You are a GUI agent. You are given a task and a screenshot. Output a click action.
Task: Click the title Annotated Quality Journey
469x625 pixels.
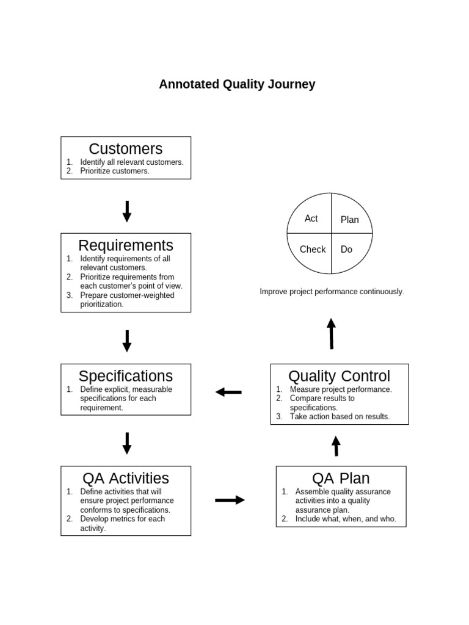click(x=237, y=84)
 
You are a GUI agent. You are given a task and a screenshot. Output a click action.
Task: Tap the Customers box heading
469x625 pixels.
click(x=126, y=149)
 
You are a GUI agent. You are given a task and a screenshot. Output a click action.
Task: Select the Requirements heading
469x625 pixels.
click(x=126, y=245)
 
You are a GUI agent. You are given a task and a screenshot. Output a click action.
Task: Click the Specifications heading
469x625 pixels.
click(x=126, y=376)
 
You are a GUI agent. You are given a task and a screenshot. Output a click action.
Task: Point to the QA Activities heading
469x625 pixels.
click(x=126, y=478)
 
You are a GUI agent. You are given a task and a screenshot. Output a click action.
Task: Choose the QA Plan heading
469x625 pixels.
click(x=341, y=478)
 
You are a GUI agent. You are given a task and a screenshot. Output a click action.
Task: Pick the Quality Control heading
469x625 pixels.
click(x=339, y=376)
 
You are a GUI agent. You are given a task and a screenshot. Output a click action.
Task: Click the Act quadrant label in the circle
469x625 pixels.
click(x=311, y=219)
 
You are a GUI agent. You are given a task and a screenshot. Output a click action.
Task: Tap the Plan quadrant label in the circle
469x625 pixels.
click(x=350, y=220)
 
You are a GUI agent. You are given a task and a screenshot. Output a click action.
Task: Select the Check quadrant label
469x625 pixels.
click(x=313, y=249)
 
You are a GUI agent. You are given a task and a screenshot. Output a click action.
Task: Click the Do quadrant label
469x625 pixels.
click(x=346, y=249)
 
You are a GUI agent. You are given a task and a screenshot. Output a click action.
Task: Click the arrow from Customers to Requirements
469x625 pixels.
click(x=127, y=211)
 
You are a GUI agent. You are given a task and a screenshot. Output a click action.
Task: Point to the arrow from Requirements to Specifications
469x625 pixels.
click(x=127, y=341)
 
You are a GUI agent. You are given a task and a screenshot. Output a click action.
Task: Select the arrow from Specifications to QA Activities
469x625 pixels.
click(x=127, y=443)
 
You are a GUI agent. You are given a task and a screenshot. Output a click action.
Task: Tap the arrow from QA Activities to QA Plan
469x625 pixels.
click(x=230, y=500)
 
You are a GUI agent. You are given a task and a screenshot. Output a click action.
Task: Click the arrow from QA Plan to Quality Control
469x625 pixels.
click(x=336, y=446)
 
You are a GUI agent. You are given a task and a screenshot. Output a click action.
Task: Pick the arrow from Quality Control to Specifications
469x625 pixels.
click(x=229, y=392)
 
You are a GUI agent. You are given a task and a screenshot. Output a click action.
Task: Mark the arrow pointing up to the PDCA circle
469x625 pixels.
click(x=331, y=333)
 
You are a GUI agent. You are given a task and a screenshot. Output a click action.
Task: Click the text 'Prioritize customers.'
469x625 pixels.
click(x=115, y=172)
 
